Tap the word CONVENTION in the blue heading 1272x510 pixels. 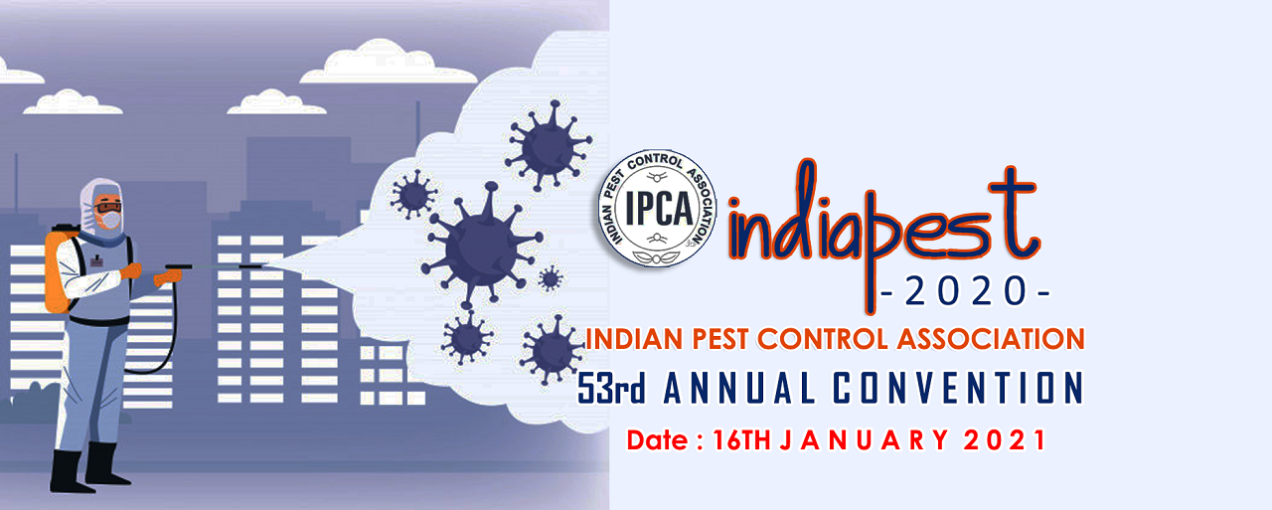957,389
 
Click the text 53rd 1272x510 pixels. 613,389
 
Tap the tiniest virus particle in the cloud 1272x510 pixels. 550,278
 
